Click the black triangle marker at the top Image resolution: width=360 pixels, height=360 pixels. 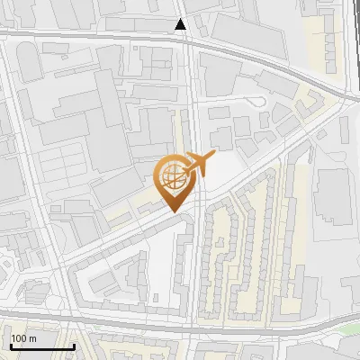pos(181,24)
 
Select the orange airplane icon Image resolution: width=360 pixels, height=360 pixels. pos(198,165)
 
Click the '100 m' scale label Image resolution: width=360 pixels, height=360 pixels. pos(23,338)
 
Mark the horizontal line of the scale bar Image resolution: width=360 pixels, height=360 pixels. pos(41,346)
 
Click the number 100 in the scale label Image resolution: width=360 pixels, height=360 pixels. pos(20,338)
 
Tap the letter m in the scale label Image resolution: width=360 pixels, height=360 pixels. pos(32,338)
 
